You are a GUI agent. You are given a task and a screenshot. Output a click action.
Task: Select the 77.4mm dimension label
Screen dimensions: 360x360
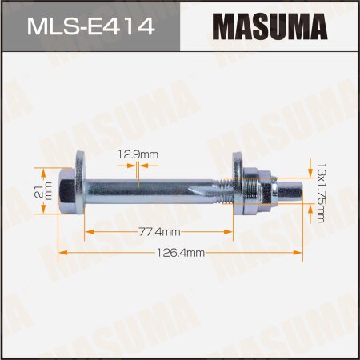(x=158, y=230)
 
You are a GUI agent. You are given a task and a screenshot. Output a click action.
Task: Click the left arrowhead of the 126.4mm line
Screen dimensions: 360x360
(x=64, y=252)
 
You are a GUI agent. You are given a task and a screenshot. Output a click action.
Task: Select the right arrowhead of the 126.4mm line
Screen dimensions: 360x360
(x=301, y=252)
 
